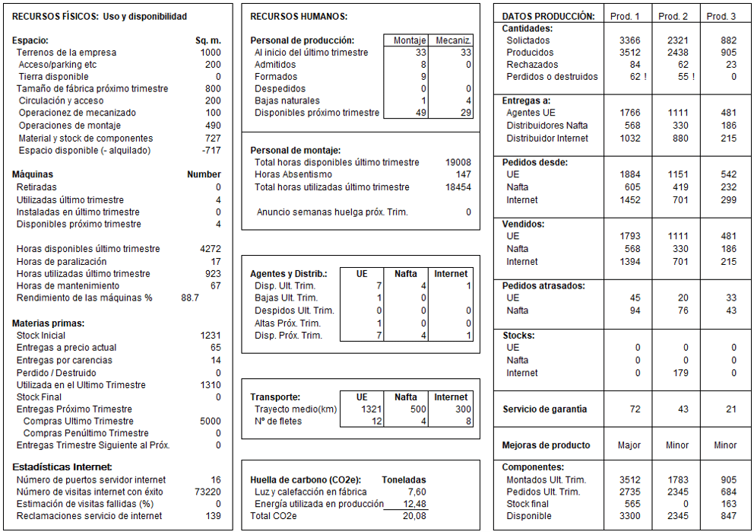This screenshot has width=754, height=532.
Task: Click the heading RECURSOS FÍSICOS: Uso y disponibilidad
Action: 100,16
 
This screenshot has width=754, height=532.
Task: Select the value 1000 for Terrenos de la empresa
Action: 211,53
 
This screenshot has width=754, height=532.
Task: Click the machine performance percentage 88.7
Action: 190,298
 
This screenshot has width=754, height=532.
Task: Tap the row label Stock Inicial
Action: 40,336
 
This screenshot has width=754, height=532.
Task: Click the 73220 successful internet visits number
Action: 207,492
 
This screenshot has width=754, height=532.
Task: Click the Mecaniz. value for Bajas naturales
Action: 468,100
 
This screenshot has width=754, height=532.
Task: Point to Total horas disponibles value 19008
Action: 458,162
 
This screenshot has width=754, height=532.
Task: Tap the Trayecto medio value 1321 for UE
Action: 372,409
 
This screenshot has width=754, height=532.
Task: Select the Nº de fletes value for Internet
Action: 467,422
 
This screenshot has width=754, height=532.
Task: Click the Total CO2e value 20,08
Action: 414,516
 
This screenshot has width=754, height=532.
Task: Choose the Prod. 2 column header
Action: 673,16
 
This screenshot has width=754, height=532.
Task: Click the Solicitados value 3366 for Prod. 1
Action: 630,40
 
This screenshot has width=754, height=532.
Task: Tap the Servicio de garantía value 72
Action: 635,409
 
